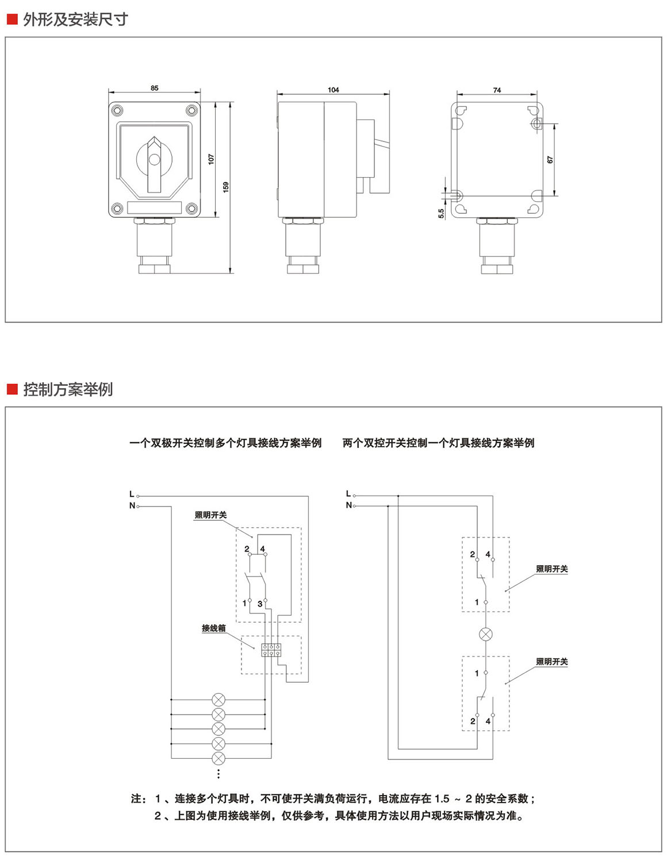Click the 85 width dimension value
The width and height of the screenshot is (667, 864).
(x=154, y=88)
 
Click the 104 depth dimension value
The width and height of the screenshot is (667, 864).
(x=333, y=90)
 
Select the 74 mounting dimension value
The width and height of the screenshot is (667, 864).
(x=497, y=90)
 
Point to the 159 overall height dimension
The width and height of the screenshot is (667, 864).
(x=226, y=187)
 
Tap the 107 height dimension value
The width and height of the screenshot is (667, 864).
(x=211, y=159)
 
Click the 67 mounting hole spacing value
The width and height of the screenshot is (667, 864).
(x=550, y=160)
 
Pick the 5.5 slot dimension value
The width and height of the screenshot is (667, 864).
(x=441, y=213)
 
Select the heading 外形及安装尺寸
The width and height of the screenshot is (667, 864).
(x=75, y=20)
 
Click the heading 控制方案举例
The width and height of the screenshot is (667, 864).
(x=68, y=389)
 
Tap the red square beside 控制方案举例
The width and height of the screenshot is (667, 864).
(x=13, y=389)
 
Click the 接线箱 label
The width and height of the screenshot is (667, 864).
(x=213, y=628)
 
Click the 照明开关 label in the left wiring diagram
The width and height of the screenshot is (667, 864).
(x=210, y=515)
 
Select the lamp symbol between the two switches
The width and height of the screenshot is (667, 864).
(x=486, y=635)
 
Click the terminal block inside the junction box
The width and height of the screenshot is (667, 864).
(x=271, y=650)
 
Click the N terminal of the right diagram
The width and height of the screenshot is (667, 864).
(x=348, y=505)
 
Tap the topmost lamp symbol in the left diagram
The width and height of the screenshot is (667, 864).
(x=218, y=700)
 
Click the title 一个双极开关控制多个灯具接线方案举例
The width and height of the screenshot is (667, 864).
(x=225, y=443)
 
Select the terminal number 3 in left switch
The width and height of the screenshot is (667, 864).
(x=260, y=604)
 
